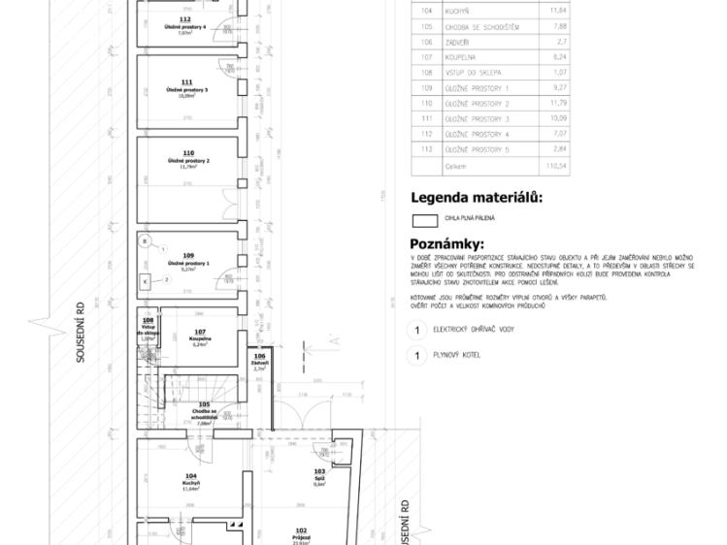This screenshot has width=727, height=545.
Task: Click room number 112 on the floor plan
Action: click(185, 18)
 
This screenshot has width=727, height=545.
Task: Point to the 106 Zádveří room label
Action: click(259, 362)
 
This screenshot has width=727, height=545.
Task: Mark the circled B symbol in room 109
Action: click(146, 240)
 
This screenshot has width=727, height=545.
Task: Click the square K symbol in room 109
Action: click(146, 279)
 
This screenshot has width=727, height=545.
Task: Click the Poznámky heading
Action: click(446, 243)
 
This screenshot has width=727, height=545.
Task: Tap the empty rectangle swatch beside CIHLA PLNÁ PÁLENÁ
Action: click(425, 219)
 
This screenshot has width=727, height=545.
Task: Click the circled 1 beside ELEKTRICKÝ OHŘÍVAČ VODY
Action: click(417, 331)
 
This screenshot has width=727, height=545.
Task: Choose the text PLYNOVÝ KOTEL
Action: click(457, 355)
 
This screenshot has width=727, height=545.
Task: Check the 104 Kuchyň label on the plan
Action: click(190, 479)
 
